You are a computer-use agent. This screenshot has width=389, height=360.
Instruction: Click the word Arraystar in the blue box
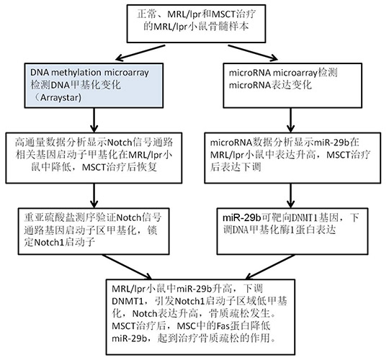(61, 98)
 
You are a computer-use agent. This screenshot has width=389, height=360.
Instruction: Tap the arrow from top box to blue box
(140, 53)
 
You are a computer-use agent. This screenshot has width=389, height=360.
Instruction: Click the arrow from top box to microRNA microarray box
(253, 53)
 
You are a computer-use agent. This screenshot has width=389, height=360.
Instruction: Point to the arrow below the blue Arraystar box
(94, 120)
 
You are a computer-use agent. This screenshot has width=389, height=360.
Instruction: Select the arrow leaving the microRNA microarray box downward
(291, 120)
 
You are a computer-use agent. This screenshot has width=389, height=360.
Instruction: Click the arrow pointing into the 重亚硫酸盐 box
(94, 195)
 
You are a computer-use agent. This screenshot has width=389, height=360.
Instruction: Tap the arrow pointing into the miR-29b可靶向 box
(291, 195)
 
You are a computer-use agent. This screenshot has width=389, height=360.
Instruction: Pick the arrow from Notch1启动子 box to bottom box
(127, 267)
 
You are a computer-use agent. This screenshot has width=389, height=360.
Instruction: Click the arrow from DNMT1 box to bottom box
(270, 267)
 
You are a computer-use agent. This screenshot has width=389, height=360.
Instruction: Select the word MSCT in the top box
(223, 14)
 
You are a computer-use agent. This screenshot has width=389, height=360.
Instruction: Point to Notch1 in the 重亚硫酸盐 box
(49, 242)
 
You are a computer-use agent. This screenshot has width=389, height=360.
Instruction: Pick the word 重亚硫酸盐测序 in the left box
(55, 217)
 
